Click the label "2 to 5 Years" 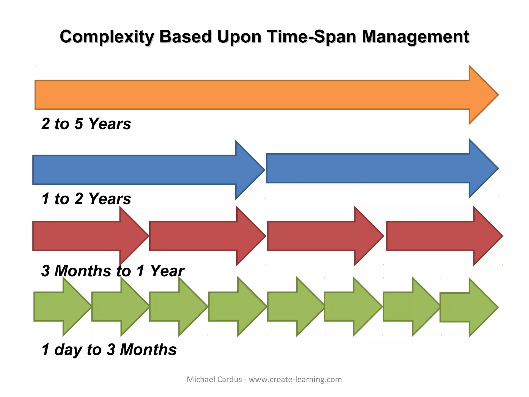pos(86,124)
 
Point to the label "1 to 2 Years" pos(86,198)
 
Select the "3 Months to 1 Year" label pos(113,271)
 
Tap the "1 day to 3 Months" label pos(109,349)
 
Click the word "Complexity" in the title pos(107,36)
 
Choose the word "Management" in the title pos(415,36)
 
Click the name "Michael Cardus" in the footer pos(214,379)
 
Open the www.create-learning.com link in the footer pos(295,379)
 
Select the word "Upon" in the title pos(239,36)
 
